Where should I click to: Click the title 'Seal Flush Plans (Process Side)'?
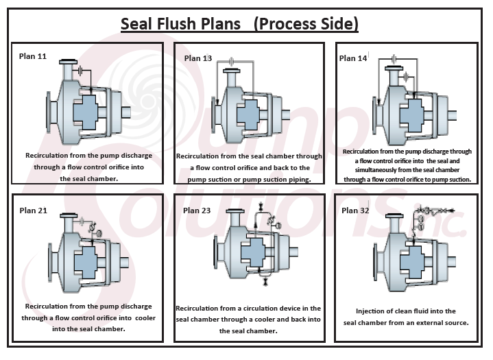[239, 24]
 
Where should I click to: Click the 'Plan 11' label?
[33, 56]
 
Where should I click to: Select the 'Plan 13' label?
[197, 58]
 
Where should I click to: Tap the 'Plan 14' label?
[353, 58]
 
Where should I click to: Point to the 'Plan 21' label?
[33, 210]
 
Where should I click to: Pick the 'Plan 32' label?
[354, 211]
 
